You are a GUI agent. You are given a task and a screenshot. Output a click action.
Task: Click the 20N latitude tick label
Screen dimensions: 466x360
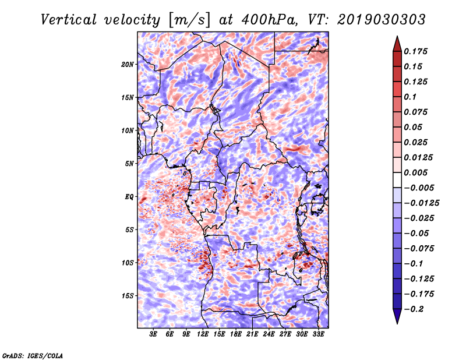click(x=128, y=65)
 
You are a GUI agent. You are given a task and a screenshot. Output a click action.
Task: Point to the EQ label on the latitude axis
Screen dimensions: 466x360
click(x=129, y=197)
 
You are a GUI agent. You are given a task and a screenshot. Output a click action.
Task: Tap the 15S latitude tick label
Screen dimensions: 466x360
click(x=128, y=296)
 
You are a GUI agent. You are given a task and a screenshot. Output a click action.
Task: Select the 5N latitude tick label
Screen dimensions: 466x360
click(x=129, y=164)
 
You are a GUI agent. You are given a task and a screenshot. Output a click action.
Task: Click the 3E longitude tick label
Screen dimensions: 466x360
click(x=153, y=334)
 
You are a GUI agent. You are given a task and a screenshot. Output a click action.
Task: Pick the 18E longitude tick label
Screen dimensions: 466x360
click(x=236, y=334)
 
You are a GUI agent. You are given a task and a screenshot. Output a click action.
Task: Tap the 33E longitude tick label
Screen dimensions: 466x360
click(x=318, y=334)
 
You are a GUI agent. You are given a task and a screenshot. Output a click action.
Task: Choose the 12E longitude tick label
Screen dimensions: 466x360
click(x=203, y=334)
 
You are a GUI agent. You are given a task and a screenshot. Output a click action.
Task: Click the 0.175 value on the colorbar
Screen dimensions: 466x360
click(x=415, y=51)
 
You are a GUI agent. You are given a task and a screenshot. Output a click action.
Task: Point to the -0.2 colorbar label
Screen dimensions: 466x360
click(x=414, y=309)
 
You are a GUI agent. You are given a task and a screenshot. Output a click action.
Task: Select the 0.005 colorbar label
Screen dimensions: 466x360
click(x=415, y=172)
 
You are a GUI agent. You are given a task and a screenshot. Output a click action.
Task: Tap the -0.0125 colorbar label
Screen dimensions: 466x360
click(x=421, y=203)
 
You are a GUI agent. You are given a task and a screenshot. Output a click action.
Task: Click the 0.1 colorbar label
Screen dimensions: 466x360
click(x=410, y=97)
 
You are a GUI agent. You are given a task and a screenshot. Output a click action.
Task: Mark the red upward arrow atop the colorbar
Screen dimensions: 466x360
click(x=397, y=44)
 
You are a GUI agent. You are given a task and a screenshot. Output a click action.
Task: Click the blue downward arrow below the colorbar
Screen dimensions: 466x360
click(x=397, y=316)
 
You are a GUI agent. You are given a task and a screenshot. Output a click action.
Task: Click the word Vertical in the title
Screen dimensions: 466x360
click(x=69, y=20)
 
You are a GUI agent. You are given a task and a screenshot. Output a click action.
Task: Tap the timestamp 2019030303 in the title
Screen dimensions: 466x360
click(x=382, y=20)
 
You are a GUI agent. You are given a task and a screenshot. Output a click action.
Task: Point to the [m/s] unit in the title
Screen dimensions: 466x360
click(x=189, y=20)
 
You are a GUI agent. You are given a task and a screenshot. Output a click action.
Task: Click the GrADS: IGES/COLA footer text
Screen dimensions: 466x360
click(x=33, y=356)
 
